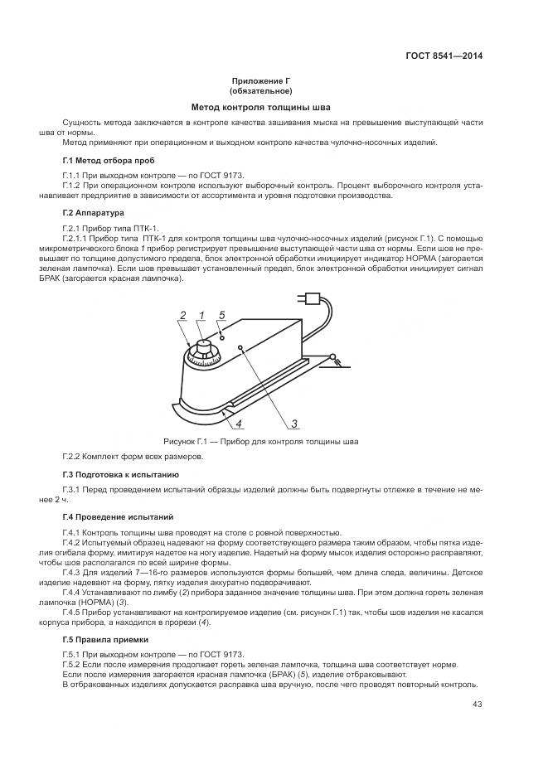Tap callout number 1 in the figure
point(201,315)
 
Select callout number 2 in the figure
point(182,315)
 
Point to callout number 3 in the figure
point(293,424)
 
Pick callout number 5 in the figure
point(221,315)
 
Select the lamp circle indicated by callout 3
point(240,347)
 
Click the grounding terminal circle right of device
point(334,357)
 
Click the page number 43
point(477,705)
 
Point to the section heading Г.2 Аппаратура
point(93,213)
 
